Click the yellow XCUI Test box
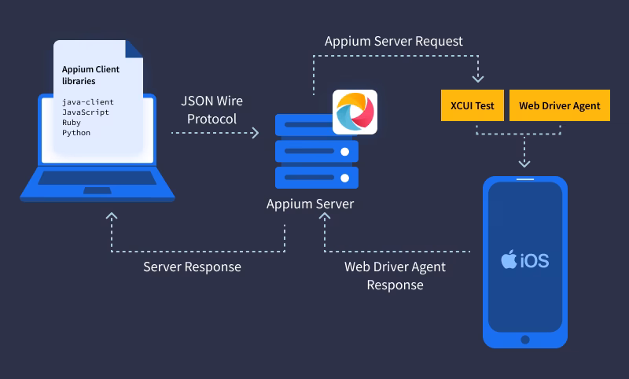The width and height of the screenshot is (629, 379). pos(473,106)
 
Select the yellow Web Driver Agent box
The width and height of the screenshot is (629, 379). pos(559,106)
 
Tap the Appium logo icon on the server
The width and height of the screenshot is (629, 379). pos(355,112)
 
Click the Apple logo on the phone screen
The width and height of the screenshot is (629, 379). pos(508,260)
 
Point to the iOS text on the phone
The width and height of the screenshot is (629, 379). pos(534,260)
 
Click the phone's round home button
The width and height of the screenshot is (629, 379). pos(524,340)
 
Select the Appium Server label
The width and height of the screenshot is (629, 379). pos(310,204)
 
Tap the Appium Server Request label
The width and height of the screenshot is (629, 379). pos(394,40)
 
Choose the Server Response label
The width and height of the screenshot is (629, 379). pos(192,267)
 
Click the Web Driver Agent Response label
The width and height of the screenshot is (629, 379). pos(395,276)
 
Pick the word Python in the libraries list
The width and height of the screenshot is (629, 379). pos(76,133)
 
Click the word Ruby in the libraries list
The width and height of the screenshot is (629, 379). pos(72,123)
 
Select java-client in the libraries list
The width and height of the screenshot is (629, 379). pos(88,102)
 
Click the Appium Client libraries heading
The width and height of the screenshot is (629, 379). pos(90,75)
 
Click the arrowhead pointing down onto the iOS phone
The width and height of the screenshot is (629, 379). pos(524,164)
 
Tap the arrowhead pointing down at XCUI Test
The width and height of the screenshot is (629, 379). pos(477,79)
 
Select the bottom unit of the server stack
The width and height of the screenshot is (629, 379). pos(317,177)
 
